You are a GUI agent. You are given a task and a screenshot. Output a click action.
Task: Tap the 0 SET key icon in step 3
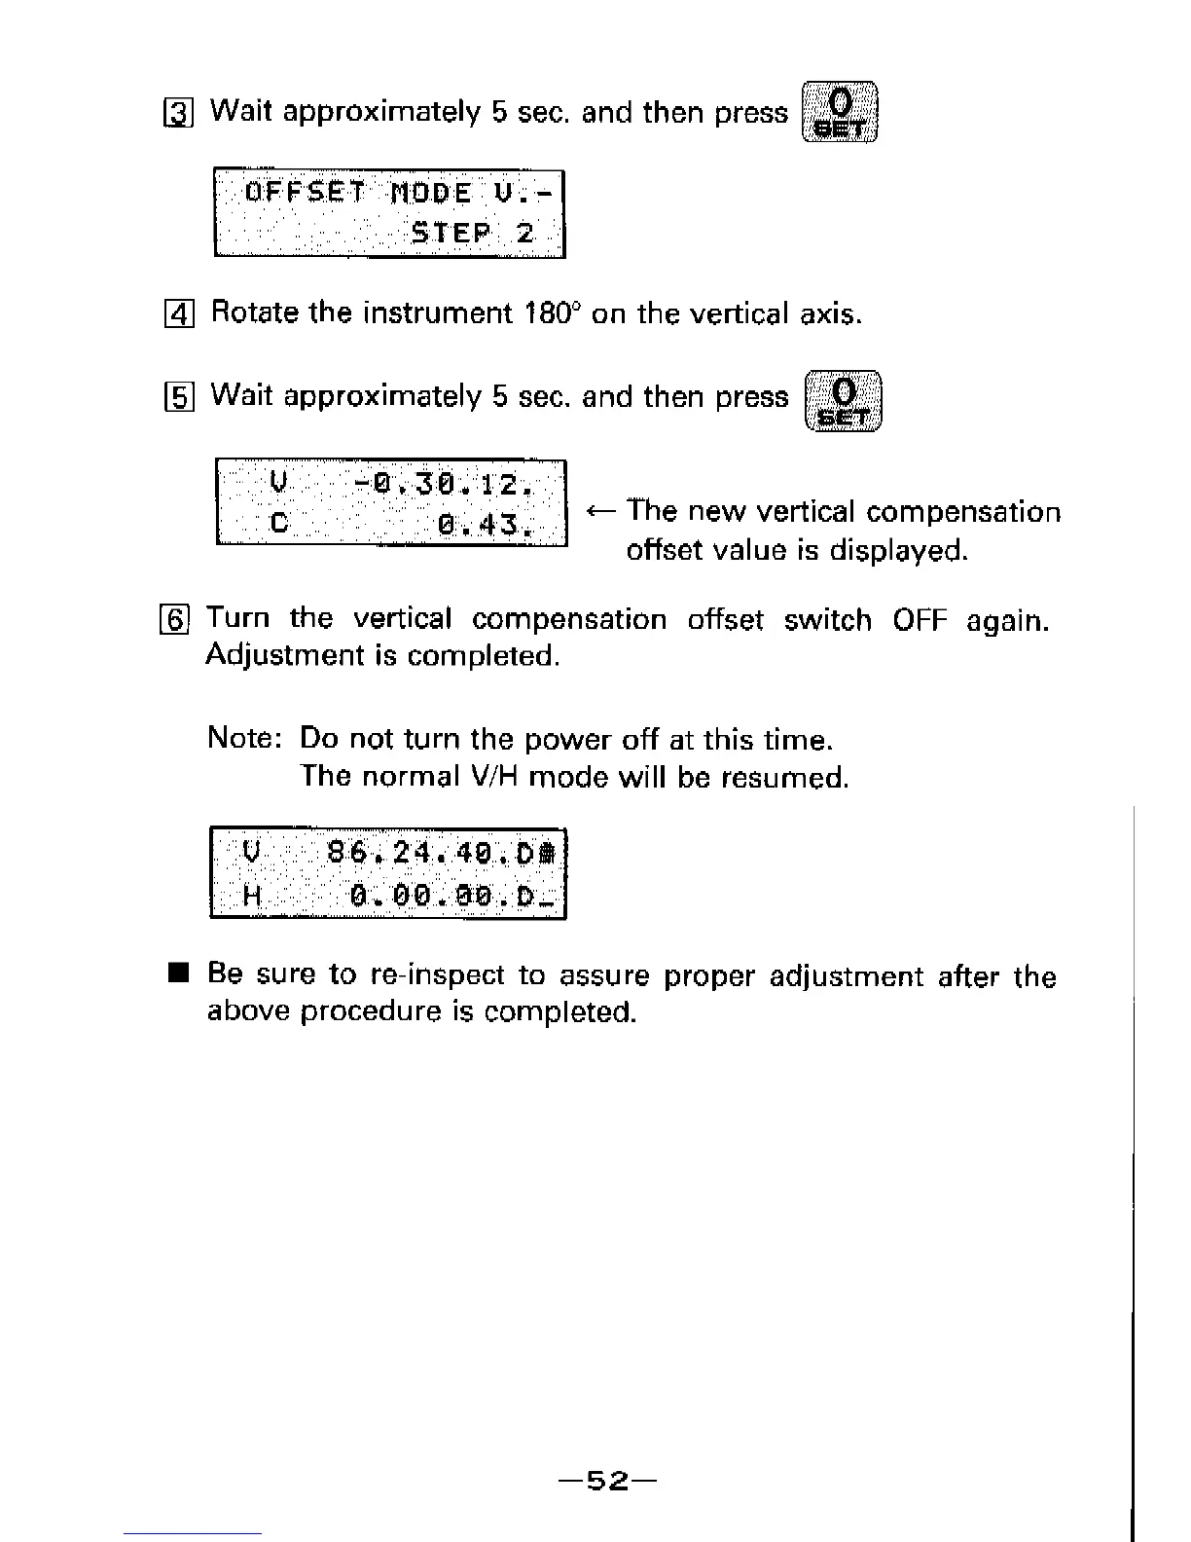[839, 112]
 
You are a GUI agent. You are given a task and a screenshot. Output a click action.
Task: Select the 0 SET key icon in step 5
[843, 400]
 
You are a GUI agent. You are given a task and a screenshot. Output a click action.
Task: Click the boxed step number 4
[180, 314]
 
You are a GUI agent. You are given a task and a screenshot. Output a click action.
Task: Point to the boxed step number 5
[180, 397]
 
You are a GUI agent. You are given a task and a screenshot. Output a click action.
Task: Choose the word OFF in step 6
[919, 620]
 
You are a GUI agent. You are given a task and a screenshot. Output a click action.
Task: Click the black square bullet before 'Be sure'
[177, 973]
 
